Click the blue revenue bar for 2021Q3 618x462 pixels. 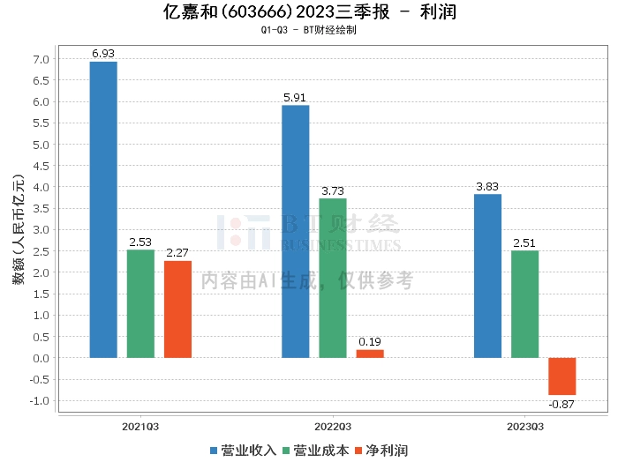pyautogui.click(x=103, y=210)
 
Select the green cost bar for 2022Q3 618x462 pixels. pyautogui.click(x=333, y=279)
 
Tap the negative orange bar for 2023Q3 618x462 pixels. pyautogui.click(x=562, y=376)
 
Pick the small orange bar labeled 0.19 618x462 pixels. pyautogui.click(x=370, y=354)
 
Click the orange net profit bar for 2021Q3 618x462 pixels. pyautogui.click(x=177, y=309)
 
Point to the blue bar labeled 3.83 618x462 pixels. pyautogui.click(x=487, y=276)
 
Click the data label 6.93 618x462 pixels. pyautogui.click(x=103, y=54)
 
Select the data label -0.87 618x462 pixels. pyautogui.click(x=561, y=404)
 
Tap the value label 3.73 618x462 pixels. pyautogui.click(x=333, y=190)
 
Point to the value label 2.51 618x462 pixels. pyautogui.click(x=524, y=242)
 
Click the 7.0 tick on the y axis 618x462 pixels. pyautogui.click(x=41, y=59)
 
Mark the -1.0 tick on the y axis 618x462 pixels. pyautogui.click(x=40, y=401)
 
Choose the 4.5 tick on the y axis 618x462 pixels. pyautogui.click(x=41, y=166)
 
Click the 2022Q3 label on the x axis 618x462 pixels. pyautogui.click(x=333, y=427)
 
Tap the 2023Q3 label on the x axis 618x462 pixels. pyautogui.click(x=525, y=427)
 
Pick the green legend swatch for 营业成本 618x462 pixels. pyautogui.click(x=286, y=451)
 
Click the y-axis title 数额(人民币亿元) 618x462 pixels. pyautogui.click(x=19, y=230)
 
